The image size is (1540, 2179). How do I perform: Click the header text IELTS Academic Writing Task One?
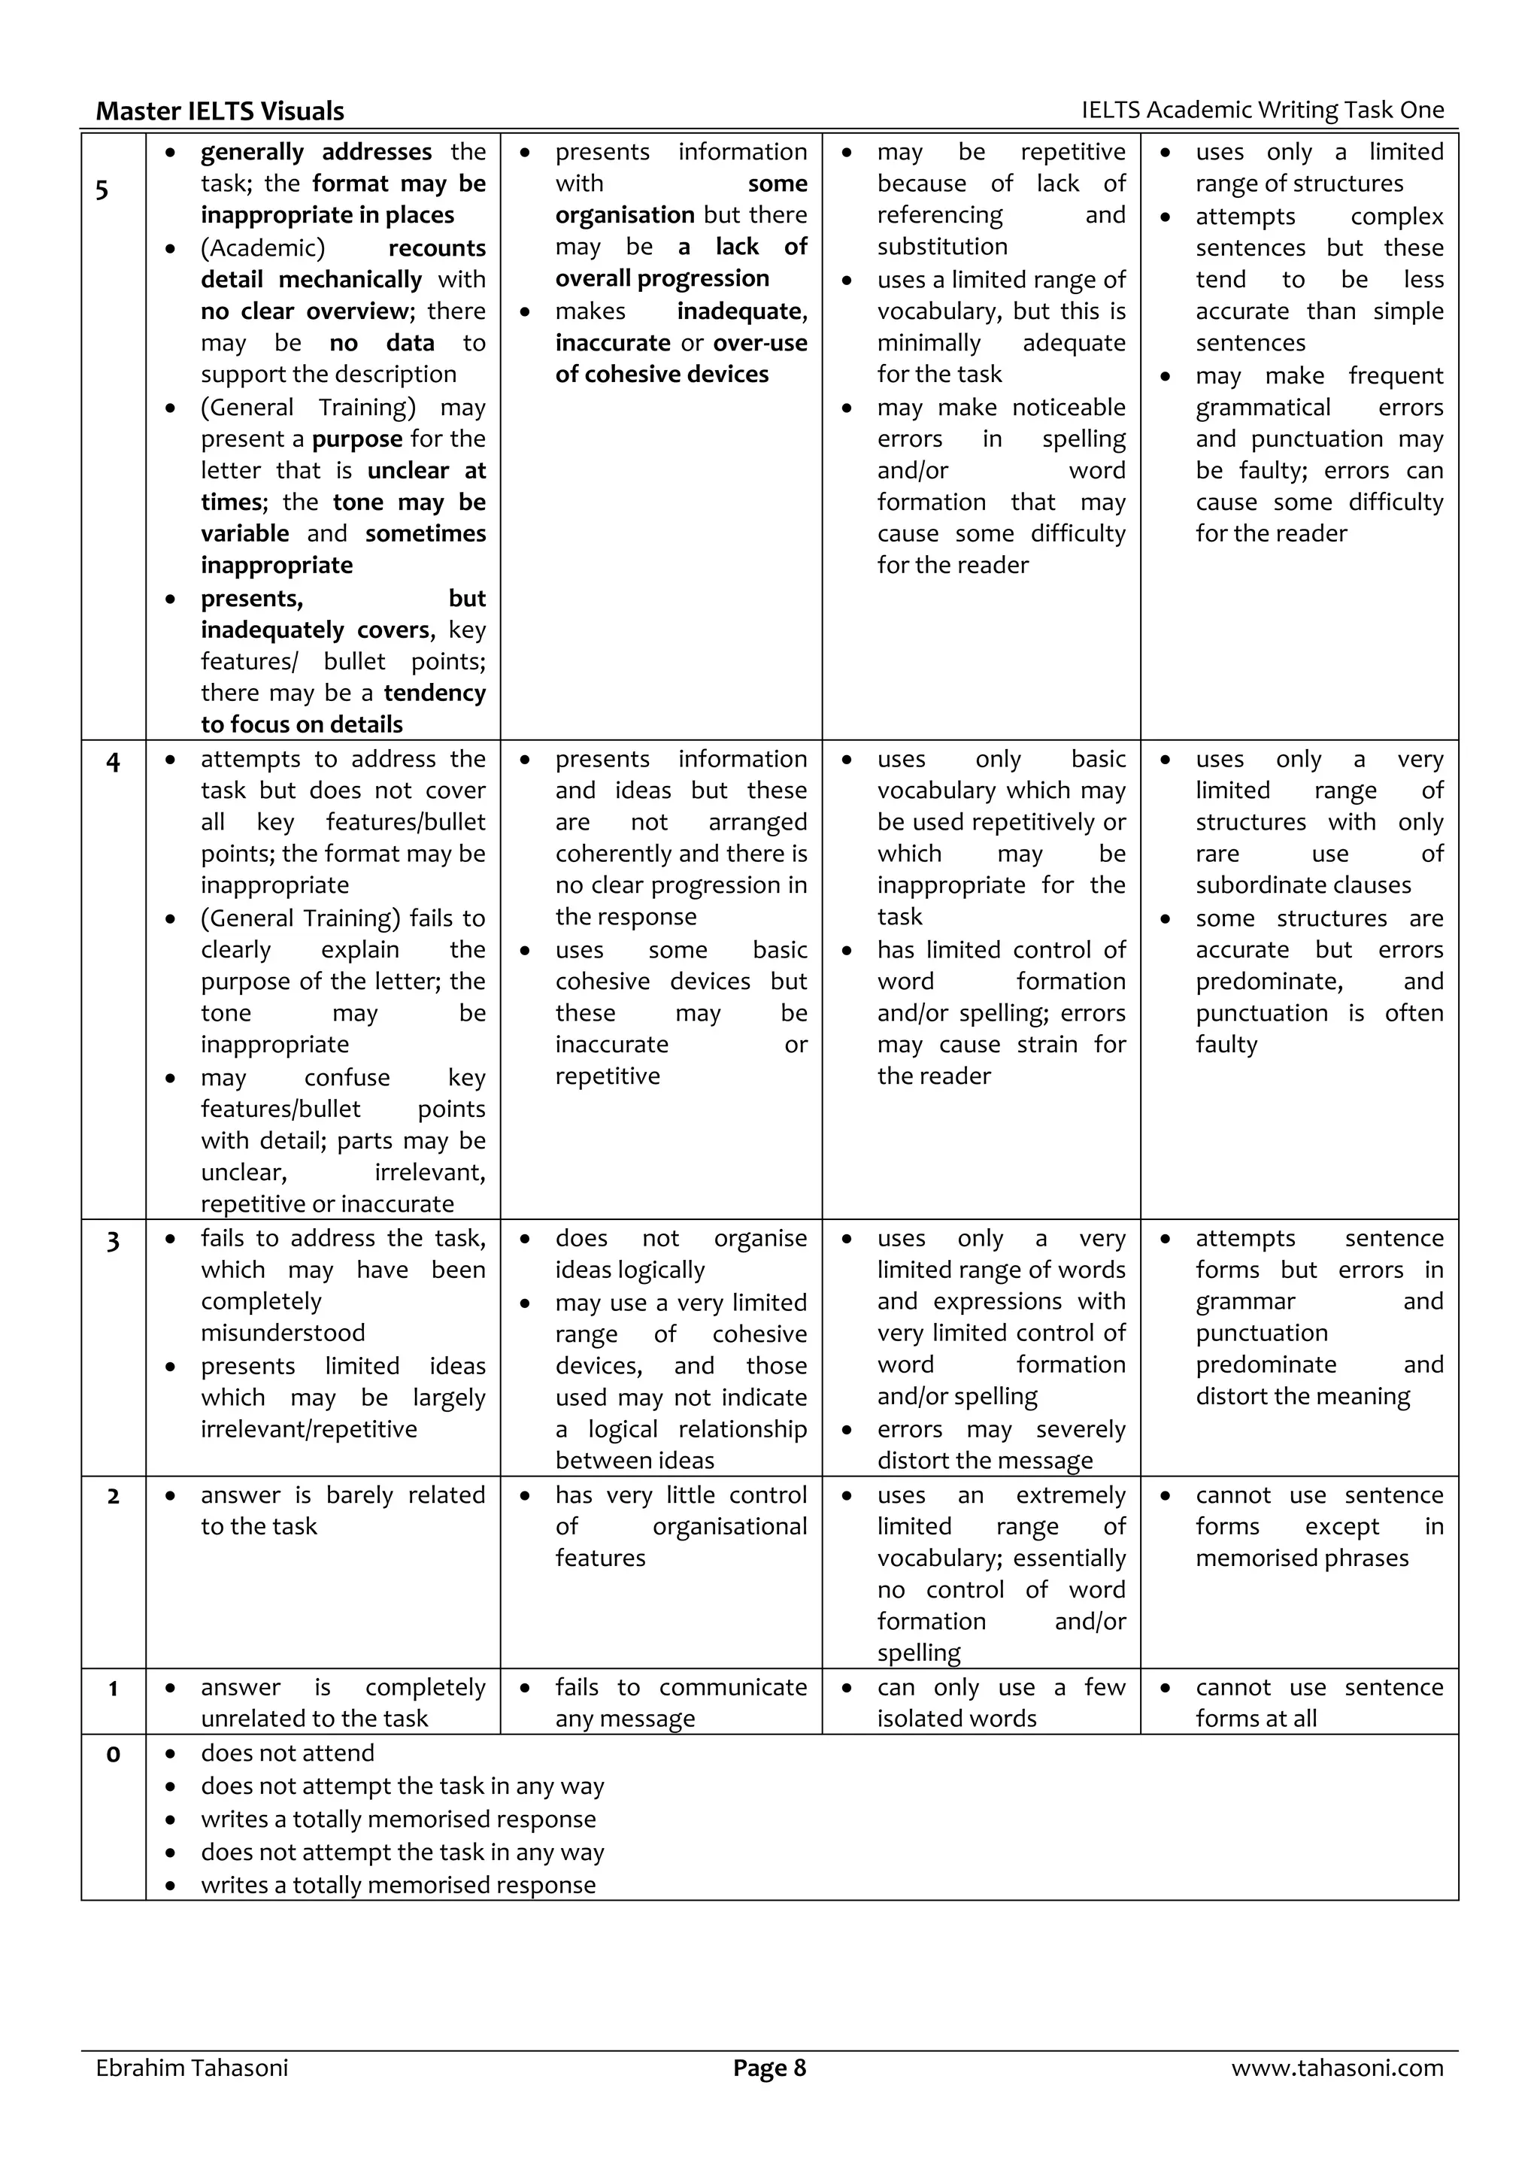1262,110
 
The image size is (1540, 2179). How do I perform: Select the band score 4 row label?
113,762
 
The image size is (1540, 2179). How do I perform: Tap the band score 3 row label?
113,1241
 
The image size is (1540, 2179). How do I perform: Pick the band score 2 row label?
113,1498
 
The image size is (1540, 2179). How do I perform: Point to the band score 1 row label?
113,1690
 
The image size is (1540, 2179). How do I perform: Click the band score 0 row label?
113,1756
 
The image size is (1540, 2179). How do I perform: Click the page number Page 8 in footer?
768,2067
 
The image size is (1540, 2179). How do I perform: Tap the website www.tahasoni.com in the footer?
1337,2067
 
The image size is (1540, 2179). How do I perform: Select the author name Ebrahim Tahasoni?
192,2067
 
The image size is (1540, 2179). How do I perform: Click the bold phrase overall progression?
662,279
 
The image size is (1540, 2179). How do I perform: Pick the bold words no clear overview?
305,311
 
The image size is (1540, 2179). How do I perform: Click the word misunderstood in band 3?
283,1334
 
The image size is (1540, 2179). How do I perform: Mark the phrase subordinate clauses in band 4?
1303,885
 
